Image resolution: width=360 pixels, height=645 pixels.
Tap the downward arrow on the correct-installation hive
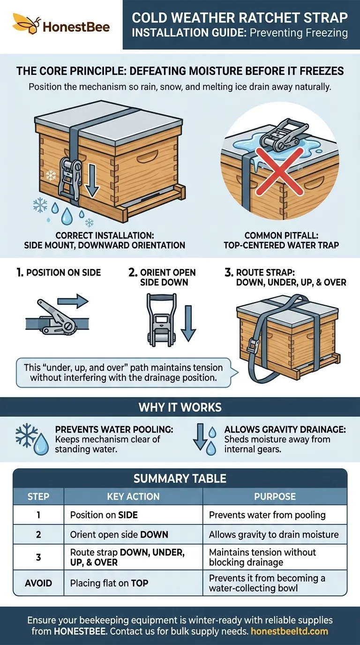pos(92,177)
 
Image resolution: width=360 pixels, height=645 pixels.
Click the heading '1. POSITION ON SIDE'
pos(55,272)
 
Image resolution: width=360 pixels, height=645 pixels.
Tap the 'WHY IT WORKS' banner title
pos(180,407)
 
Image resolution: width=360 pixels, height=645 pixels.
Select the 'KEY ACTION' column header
pos(133,496)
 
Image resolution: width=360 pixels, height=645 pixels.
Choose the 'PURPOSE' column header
pos(275,496)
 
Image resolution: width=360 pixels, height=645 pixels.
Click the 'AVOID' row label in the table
pos(38,583)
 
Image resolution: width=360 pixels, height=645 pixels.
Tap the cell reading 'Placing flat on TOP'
pos(109,583)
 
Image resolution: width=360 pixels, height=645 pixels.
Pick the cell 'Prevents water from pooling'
pos(267,515)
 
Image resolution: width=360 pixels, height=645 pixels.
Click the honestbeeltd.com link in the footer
pos(289,631)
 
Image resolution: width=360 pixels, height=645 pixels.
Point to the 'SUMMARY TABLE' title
pos(180,478)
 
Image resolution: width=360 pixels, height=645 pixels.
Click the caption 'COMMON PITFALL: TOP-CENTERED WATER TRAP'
pos(279,240)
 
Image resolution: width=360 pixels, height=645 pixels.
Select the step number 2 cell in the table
pos(38,534)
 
